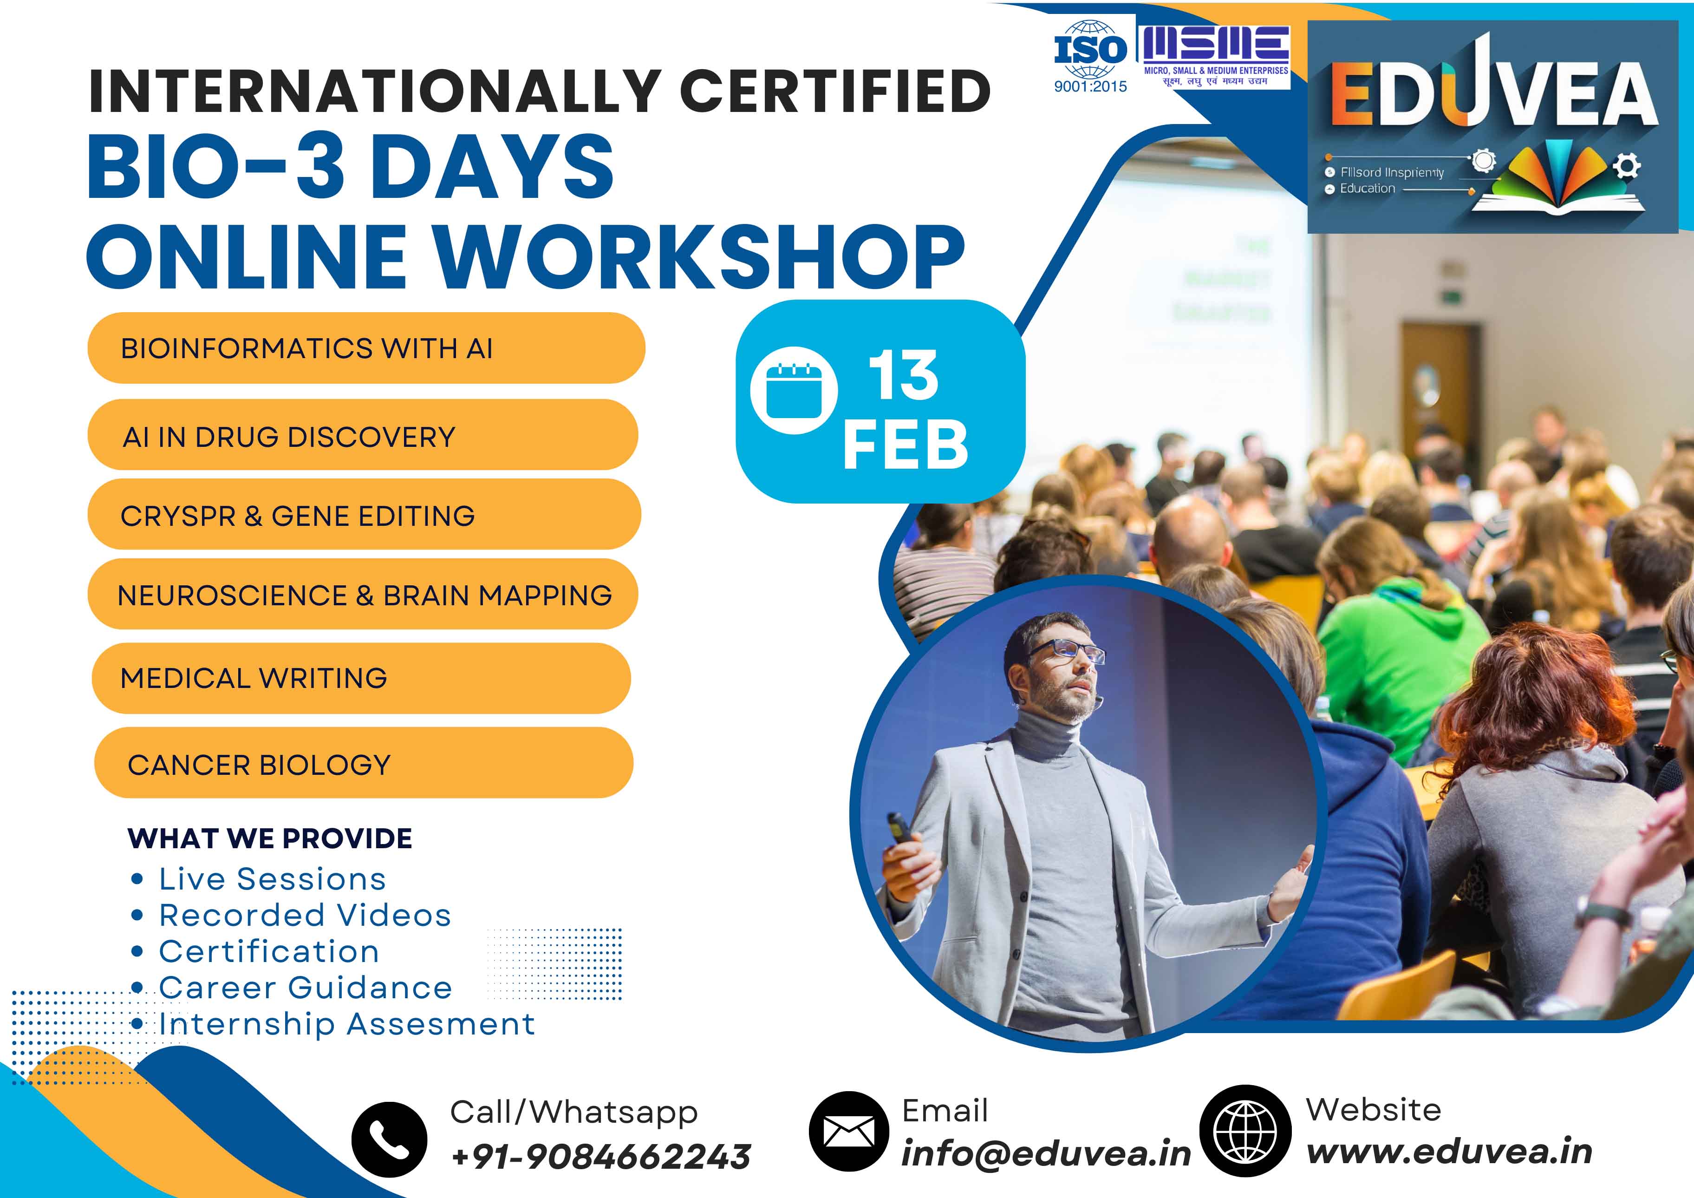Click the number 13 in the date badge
pyautogui.click(x=903, y=376)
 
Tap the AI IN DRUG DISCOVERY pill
pyautogui.click(x=362, y=436)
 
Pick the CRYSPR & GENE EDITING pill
pyautogui.click(x=364, y=515)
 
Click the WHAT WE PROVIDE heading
pyautogui.click(x=270, y=838)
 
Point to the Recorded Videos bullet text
pyautogui.click(x=305, y=915)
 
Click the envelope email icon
pyautogui.click(x=848, y=1131)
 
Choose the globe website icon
pyautogui.click(x=1245, y=1131)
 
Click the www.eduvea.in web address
pyautogui.click(x=1449, y=1152)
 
